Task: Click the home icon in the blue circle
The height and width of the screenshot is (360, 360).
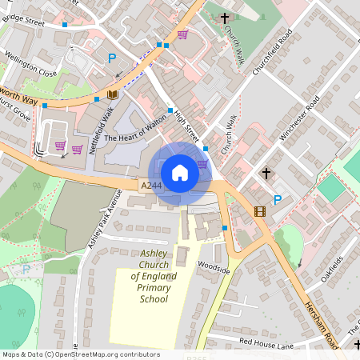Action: (180, 172)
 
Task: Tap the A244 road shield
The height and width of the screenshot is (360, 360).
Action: (151, 186)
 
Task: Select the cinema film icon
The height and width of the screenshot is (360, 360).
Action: (259, 211)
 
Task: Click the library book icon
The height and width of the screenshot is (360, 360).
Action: (113, 95)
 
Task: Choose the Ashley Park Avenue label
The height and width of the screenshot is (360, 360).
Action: (103, 218)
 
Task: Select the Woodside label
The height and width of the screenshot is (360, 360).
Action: (214, 270)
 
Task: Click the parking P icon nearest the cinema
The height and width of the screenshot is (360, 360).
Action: (278, 199)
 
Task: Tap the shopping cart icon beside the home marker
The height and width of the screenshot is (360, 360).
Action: (202, 163)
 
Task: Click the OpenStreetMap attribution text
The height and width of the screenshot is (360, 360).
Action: (80, 354)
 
